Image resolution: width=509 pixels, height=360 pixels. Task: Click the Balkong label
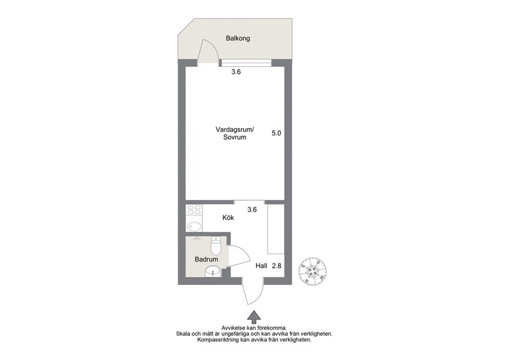pos(238,39)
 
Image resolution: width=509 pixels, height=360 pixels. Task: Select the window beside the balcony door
pos(245,63)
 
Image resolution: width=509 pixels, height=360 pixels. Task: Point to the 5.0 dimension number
pos(276,133)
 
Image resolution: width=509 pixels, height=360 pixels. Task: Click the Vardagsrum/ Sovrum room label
pos(234,133)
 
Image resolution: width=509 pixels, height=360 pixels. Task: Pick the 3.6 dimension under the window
pos(236,72)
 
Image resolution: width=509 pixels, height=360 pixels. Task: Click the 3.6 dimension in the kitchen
pos(252,210)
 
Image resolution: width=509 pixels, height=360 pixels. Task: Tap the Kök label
pos(228,218)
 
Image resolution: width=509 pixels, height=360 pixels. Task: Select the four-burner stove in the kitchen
pos(194,210)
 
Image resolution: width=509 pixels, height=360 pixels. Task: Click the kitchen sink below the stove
pos(194,226)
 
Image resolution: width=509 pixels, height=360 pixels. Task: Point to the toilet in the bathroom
pos(216,245)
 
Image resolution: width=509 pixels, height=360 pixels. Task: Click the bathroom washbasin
pos(213,271)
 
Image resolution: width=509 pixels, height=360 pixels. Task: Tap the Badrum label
pos(206,259)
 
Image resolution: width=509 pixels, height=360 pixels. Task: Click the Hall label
pos(261,266)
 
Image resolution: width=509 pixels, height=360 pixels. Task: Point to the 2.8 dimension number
pos(277,266)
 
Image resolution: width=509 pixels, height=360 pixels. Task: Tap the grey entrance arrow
pos(254,317)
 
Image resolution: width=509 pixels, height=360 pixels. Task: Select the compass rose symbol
pos(312,271)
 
